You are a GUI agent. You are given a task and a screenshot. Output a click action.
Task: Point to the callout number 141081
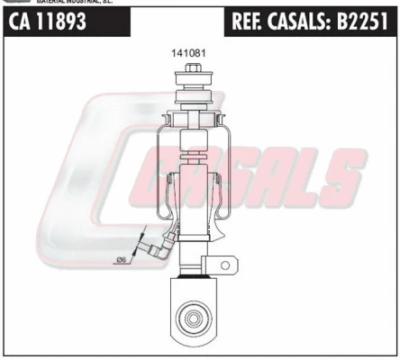[189, 53]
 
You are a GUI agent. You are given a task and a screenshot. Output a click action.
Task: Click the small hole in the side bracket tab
[227, 264]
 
